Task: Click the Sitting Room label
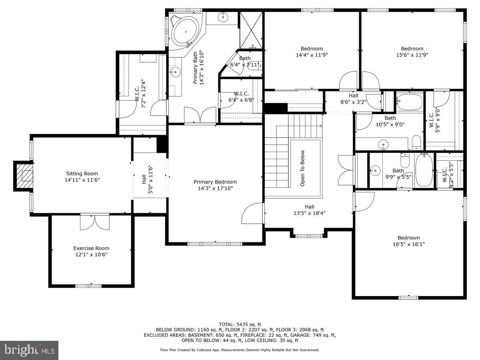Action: click(x=82, y=174)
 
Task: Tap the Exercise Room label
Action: click(x=91, y=248)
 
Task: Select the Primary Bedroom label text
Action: click(x=215, y=182)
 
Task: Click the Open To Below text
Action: click(x=302, y=168)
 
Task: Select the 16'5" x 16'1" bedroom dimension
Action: click(x=408, y=244)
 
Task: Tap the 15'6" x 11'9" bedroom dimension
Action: click(x=412, y=55)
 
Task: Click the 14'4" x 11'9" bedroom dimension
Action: click(x=312, y=55)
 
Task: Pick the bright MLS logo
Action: click(x=29, y=350)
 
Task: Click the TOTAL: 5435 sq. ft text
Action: click(x=240, y=324)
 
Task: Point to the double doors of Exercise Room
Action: click(x=95, y=222)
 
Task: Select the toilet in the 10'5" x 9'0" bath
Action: click(x=416, y=141)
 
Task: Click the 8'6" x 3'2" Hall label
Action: click(x=353, y=99)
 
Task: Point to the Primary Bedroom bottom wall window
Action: click(x=214, y=243)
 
